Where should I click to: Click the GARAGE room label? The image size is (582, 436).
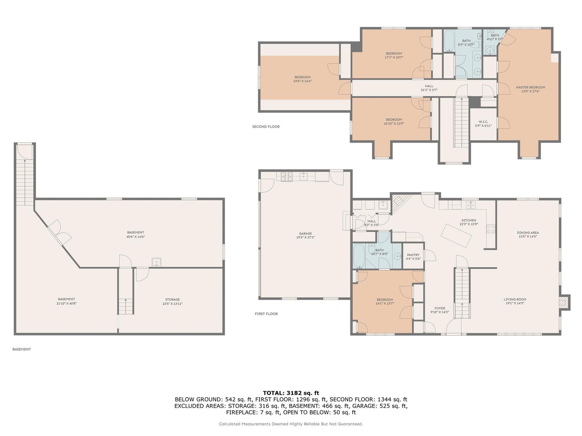coord(305,233)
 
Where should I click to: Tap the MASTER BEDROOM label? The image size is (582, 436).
coord(530,87)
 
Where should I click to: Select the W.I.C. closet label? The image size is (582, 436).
coord(483,122)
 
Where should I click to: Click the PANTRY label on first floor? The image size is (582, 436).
coord(413,255)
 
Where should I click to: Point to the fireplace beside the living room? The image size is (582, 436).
coord(564,303)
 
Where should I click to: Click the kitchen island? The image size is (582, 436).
coord(457,235)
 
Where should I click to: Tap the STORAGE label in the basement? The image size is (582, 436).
coord(172,300)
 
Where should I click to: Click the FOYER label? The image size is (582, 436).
coord(440,308)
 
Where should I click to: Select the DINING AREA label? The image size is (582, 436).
coord(528,233)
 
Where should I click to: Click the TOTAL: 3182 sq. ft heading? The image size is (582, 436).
coord(291,393)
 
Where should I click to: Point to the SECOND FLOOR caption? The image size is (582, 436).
coord(266,127)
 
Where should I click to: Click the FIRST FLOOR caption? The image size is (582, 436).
coord(266,314)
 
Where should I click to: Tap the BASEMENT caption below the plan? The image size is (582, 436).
coord(21,349)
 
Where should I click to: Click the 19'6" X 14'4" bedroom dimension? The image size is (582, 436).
coord(302,81)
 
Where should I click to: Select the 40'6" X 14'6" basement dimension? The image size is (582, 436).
coord(136,237)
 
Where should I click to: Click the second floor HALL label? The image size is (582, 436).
coord(429,86)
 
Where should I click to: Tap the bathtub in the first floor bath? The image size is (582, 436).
coord(359,256)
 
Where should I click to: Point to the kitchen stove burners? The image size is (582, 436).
coord(491,229)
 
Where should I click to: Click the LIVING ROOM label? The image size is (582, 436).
coord(515,300)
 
